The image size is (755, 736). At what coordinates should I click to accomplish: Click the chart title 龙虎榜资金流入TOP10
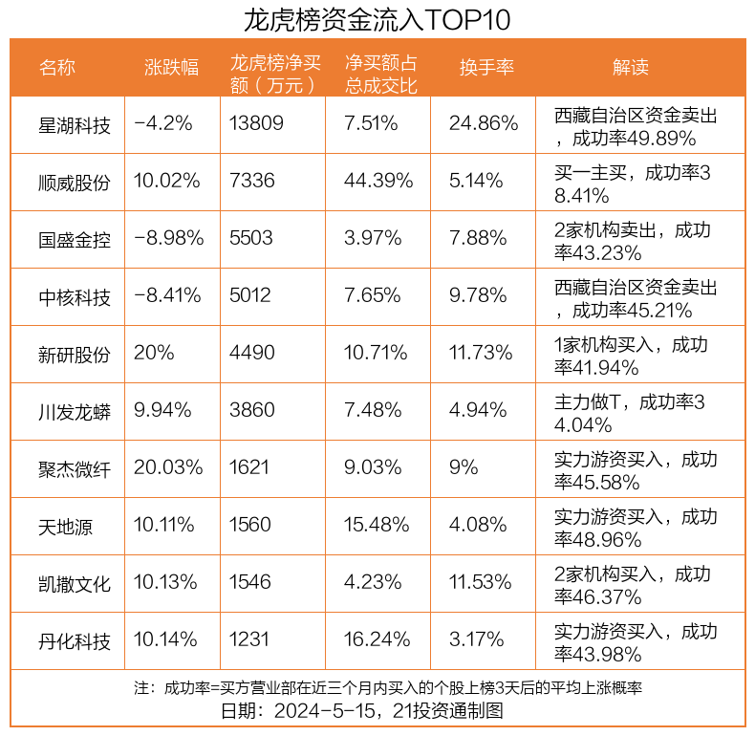click(x=377, y=19)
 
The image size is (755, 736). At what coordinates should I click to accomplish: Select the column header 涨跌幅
click(x=171, y=67)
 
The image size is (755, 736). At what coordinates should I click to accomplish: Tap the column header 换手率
click(x=486, y=67)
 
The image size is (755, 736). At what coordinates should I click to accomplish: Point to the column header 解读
click(x=630, y=67)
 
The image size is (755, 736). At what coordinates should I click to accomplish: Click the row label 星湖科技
click(x=75, y=124)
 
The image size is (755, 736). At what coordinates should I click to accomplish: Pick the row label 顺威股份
click(x=75, y=182)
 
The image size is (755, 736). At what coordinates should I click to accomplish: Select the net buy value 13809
click(x=257, y=124)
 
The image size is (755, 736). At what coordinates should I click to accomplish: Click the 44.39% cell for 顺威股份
click(x=378, y=182)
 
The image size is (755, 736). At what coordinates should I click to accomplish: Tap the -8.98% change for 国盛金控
click(x=169, y=239)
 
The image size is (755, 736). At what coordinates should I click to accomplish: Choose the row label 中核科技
click(x=75, y=296)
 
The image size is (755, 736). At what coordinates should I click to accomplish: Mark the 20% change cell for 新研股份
click(x=154, y=354)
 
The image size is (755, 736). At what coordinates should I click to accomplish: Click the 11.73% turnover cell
click(x=481, y=354)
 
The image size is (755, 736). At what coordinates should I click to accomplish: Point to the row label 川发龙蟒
click(x=75, y=411)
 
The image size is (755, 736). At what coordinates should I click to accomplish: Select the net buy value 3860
click(x=252, y=411)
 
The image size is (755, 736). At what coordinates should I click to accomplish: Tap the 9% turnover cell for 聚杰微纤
click(x=464, y=468)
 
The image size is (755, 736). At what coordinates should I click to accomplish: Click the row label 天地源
click(x=66, y=526)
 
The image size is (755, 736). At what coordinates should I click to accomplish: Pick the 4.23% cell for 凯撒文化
click(x=373, y=583)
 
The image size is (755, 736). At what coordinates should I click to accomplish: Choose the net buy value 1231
click(x=249, y=640)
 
